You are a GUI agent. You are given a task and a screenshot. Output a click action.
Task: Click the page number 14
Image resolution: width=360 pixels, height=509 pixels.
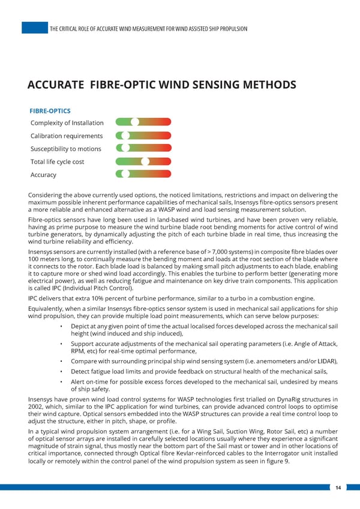coord(338,487)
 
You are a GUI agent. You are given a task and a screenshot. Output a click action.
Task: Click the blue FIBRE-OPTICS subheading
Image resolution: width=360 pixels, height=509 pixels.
coord(50,111)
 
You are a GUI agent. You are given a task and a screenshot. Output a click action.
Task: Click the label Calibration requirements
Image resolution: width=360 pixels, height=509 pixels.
coord(66,136)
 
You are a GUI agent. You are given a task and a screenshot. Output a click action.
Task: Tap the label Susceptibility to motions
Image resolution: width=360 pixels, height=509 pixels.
coord(65,149)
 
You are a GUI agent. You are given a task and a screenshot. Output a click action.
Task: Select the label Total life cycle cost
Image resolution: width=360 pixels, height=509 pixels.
coord(57,162)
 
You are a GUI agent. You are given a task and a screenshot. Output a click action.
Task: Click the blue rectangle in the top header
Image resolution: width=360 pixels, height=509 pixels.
coord(35,28)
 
